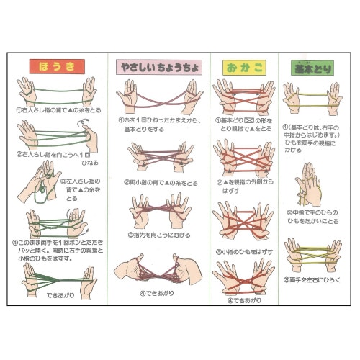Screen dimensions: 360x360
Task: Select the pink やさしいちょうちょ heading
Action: pos(158,67)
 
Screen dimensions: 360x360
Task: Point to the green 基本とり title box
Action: pos(312,67)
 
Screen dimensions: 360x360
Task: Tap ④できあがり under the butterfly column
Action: pos(158,293)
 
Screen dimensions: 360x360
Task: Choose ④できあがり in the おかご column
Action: pos(240,300)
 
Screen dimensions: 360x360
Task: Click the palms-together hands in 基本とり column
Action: pos(310,184)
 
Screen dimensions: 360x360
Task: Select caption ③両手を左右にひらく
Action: pos(313,279)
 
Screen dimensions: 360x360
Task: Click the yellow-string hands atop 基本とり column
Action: pos(312,98)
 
